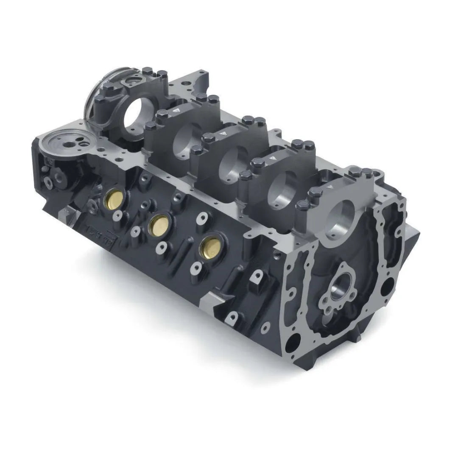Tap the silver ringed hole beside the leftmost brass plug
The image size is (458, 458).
click(x=116, y=216)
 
